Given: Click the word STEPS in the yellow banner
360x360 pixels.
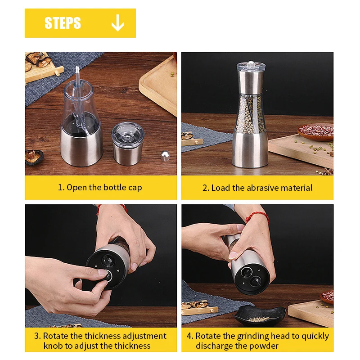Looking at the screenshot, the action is click(63, 23).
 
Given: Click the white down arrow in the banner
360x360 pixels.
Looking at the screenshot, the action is click(117, 23).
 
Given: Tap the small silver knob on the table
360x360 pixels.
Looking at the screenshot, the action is click(165, 156).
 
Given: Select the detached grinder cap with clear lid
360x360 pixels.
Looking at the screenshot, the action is click(128, 144).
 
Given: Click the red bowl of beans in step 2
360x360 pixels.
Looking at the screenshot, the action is click(316, 132).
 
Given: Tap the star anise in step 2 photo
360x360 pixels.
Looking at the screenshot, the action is click(328, 171).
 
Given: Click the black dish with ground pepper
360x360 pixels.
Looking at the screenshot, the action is click(259, 316).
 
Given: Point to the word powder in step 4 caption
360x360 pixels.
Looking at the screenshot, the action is click(264, 346).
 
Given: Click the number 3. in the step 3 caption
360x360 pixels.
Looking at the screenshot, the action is click(37, 336).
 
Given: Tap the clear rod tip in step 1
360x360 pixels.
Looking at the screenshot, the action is click(77, 69).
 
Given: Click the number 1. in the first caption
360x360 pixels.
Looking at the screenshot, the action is click(61, 187).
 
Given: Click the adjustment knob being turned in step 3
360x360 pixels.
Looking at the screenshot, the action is click(107, 275).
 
